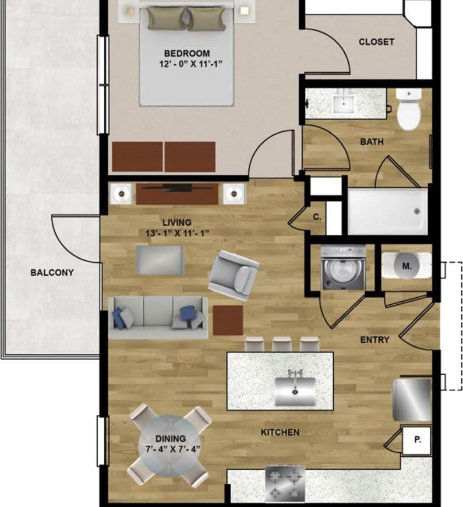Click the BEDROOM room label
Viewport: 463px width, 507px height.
point(187,54)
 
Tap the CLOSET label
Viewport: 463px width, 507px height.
point(376,42)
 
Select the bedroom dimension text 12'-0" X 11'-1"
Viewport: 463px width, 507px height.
point(191,64)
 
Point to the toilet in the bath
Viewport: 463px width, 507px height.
point(409,110)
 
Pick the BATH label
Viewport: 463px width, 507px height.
point(372,142)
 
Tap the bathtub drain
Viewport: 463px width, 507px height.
point(417,212)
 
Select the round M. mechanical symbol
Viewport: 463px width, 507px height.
point(407,266)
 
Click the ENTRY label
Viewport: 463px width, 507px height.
point(375,340)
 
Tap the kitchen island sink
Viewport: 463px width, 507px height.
point(295,390)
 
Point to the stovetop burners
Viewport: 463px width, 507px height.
point(285,484)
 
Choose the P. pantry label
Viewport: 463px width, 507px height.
point(418,440)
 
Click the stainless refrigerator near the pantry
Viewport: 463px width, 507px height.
point(412,399)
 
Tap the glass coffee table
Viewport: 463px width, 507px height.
point(160,260)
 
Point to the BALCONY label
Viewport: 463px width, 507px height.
point(52,273)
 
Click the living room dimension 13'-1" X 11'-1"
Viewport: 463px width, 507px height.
point(177,233)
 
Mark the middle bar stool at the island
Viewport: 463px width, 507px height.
point(282,344)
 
